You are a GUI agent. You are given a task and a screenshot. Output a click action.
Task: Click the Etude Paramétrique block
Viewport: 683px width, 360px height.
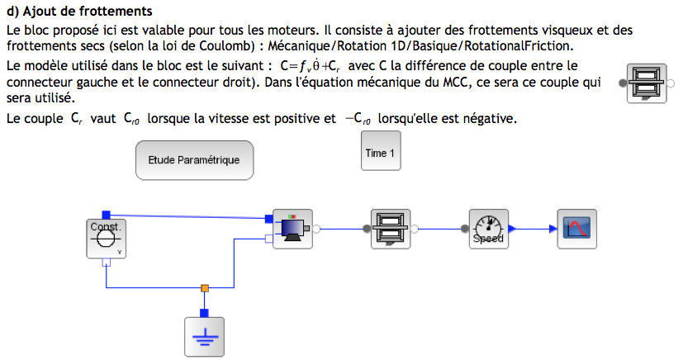click(x=194, y=160)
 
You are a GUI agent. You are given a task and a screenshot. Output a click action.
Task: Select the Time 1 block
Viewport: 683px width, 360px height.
click(x=380, y=153)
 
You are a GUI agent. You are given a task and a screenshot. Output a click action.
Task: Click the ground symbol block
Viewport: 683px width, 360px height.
click(x=205, y=338)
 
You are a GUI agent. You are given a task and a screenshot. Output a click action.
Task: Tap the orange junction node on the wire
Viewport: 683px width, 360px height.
click(x=205, y=288)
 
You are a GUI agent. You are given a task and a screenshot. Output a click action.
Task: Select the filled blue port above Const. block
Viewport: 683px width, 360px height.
click(x=106, y=214)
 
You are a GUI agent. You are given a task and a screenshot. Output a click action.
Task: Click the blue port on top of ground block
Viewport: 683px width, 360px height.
click(x=205, y=312)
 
